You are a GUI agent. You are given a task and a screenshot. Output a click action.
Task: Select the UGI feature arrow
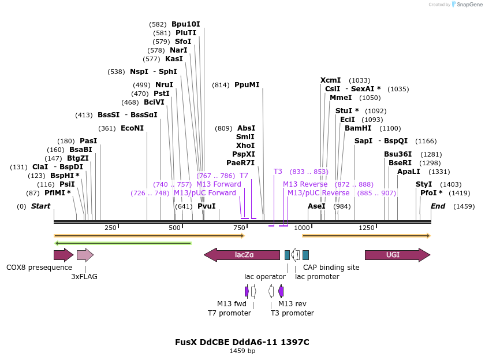click(397, 255)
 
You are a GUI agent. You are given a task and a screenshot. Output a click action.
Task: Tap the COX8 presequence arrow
click(63, 255)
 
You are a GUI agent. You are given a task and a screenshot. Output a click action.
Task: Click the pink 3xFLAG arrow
click(85, 255)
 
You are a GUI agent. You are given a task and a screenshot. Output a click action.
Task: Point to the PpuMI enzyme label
click(247, 85)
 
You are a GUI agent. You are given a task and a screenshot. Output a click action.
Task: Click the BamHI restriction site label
click(358, 128)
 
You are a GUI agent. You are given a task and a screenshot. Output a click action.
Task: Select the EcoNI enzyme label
click(132, 128)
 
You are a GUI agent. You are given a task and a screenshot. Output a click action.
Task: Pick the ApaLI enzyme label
click(408, 172)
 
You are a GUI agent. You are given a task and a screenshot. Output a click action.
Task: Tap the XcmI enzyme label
click(330, 80)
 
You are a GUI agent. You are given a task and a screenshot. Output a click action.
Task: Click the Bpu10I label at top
click(185, 24)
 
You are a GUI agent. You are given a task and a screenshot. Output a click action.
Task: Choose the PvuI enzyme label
click(206, 206)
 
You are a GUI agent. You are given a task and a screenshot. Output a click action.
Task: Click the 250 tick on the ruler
click(111, 228)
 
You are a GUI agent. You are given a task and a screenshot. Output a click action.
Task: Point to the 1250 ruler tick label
click(367, 228)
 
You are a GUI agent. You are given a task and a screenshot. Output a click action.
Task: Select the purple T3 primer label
click(278, 172)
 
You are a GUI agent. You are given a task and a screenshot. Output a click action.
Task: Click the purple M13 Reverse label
click(305, 184)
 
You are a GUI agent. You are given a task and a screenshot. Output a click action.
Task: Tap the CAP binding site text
click(327, 268)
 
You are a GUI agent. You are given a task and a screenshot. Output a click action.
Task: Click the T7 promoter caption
click(229, 313)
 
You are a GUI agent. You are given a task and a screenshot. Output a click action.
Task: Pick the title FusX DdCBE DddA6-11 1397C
click(242, 342)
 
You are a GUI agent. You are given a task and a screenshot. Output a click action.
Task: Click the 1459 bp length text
click(242, 351)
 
